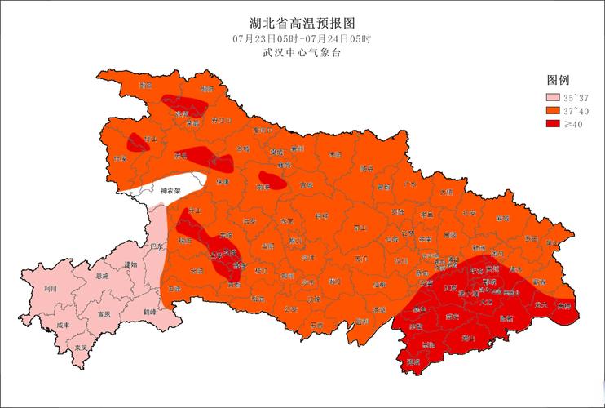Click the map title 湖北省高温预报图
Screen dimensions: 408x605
tap(302, 23)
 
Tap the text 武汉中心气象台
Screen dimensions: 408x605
tap(302, 54)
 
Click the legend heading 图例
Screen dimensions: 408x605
tap(558, 80)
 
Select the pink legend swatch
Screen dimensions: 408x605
tap(554, 98)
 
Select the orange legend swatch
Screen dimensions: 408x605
tap(554, 111)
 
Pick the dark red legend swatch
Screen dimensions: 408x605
tap(554, 124)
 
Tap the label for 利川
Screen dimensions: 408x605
tap(51, 288)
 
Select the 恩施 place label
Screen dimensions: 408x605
tap(103, 277)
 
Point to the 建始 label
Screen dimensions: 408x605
tap(130, 264)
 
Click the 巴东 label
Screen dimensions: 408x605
tap(157, 245)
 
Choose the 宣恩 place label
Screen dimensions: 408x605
tap(104, 313)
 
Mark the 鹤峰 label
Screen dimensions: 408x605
tap(148, 312)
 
